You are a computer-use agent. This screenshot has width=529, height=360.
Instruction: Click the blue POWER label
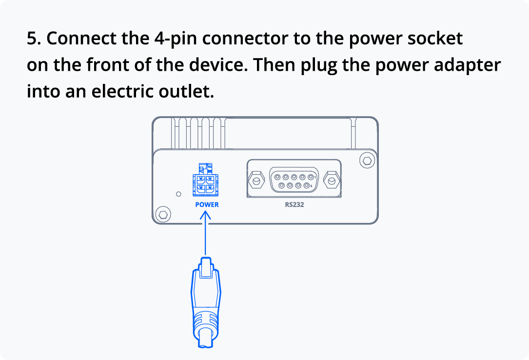207,204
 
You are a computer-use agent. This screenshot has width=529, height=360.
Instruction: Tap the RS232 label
294,204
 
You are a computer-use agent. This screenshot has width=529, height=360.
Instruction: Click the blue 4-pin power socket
205,180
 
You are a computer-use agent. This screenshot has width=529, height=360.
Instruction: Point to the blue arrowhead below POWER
205,215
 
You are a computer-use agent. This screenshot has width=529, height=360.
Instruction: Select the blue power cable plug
205,302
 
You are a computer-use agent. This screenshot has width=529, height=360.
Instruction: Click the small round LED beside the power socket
178,194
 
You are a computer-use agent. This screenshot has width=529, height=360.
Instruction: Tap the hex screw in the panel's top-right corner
367,160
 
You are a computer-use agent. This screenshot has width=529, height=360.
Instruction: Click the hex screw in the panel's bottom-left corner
163,214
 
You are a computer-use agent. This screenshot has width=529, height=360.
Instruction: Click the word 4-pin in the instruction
176,39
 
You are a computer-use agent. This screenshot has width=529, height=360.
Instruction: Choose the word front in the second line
108,65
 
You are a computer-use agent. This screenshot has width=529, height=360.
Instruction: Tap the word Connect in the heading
81,39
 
